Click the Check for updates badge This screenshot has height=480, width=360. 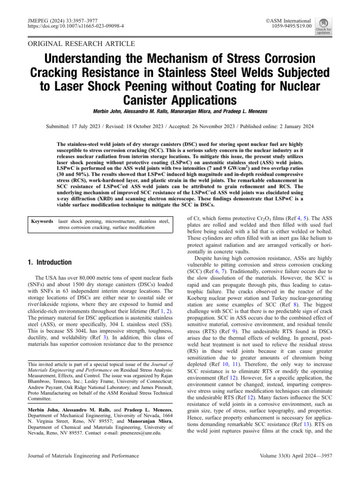(323, 26)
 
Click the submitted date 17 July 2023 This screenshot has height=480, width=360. (91, 127)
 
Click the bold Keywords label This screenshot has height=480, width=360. (42, 221)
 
